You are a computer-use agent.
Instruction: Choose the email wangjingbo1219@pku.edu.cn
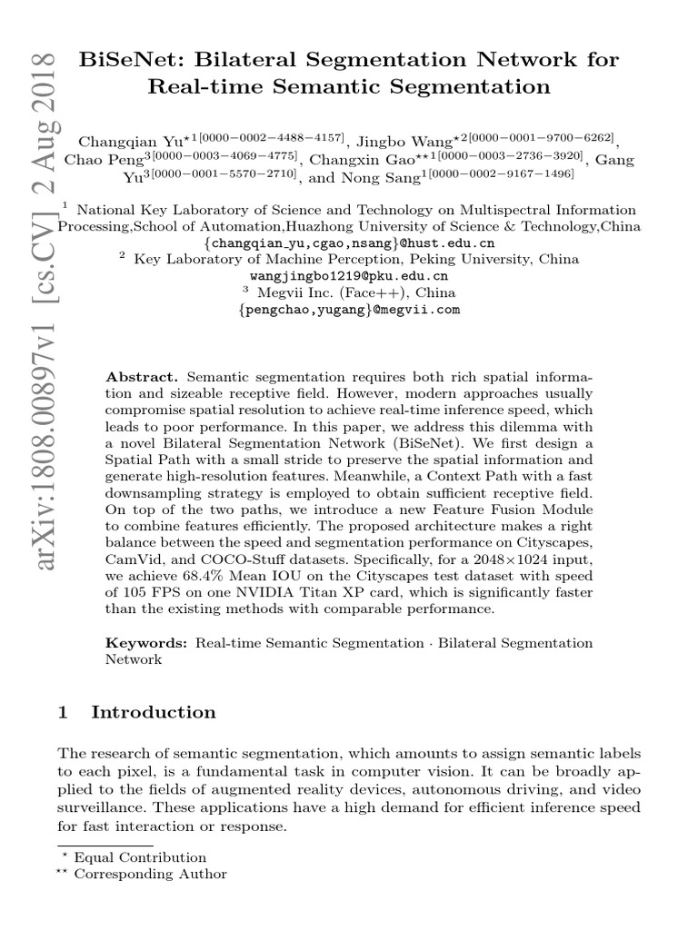coord(348,276)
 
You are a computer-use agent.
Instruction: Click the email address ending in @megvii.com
coord(348,310)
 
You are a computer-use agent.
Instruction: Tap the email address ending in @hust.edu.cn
coord(349,243)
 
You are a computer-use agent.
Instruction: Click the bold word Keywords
coord(147,643)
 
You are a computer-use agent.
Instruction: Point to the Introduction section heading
coord(154,713)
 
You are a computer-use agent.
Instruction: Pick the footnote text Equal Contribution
coord(140,857)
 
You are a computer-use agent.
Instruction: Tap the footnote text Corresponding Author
coord(150,875)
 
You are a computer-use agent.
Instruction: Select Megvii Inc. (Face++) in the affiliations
coord(356,293)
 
